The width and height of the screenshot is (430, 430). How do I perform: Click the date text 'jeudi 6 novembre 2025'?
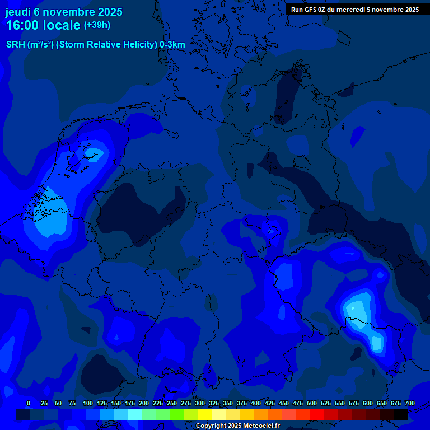(64, 12)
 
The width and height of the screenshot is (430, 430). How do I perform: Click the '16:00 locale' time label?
(44, 25)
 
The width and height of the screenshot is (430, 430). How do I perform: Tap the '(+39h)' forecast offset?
(97, 25)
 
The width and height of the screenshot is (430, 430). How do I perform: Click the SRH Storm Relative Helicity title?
(96, 44)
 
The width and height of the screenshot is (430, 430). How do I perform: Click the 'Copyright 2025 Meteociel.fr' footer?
(237, 426)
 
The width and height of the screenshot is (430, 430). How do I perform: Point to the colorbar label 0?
(29, 403)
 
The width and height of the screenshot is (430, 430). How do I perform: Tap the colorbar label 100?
(88, 403)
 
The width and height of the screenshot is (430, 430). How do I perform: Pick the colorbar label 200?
(144, 403)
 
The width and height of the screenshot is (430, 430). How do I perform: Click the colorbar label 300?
(200, 403)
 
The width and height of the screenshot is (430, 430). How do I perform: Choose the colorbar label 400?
(256, 403)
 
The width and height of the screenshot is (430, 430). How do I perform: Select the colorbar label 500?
(312, 403)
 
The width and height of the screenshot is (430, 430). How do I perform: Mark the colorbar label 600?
(368, 403)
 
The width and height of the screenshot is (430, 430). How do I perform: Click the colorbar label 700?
(410, 403)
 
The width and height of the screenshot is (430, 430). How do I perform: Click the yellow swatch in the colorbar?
(205, 414)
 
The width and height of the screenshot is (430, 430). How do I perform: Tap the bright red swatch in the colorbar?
(317, 414)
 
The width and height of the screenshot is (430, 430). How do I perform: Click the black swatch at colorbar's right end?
(401, 414)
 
